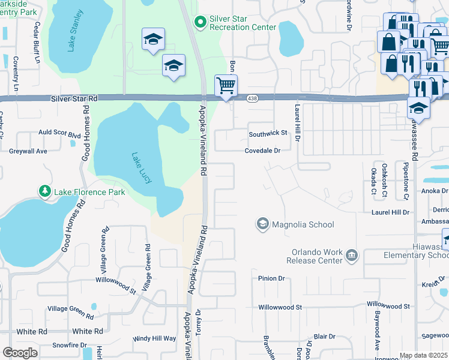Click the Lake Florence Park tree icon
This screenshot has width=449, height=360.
[45, 191]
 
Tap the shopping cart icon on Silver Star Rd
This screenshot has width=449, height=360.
[226, 85]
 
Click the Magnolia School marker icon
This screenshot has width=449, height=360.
[262, 224]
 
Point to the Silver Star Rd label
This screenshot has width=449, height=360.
[74, 98]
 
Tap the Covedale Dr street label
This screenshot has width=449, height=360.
[262, 151]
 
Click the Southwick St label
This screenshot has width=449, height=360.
[268, 133]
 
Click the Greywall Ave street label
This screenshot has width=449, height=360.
[28, 151]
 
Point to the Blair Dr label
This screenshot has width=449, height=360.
[324, 337]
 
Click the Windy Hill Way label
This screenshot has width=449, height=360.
[154, 338]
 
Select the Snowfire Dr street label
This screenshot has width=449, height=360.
[69, 345]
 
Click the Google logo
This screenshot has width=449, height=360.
[20, 353]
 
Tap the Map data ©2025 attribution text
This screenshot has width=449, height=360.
[423, 355]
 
